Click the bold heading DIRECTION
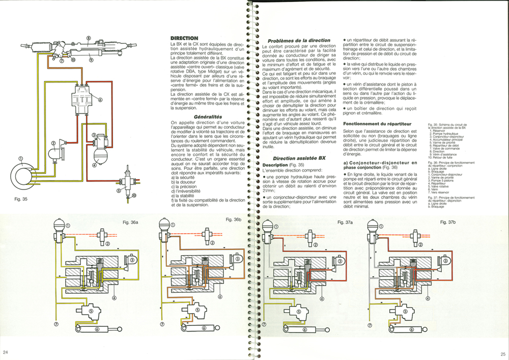184,38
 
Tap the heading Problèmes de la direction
299,40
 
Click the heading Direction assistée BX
299,158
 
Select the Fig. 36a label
127,223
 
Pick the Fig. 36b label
234,219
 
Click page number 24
6,352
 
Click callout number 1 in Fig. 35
21,158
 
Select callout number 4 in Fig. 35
94,164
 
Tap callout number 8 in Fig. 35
88,38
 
